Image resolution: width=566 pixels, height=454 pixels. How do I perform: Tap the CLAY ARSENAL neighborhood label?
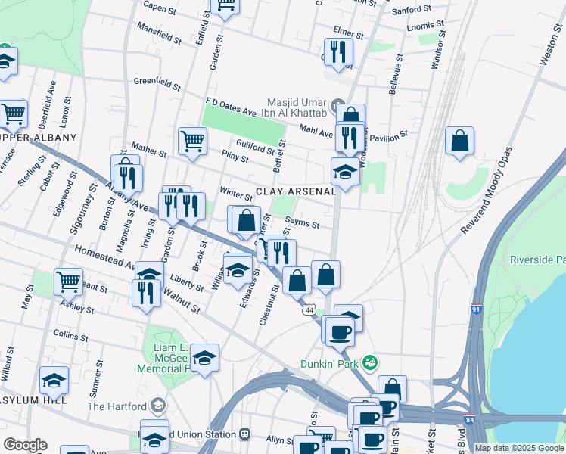(295, 191)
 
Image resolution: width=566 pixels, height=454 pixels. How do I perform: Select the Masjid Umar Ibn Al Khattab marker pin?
(337, 104)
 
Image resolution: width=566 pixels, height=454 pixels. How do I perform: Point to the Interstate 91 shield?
(476, 309)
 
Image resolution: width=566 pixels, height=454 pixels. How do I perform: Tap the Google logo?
(25, 444)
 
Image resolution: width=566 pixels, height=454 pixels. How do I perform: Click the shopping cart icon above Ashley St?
(68, 281)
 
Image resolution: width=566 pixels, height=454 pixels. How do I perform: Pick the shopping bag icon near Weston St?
(459, 140)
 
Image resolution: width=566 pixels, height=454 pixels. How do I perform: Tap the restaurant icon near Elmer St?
(338, 51)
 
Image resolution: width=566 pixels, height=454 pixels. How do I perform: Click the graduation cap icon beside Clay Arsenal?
(345, 172)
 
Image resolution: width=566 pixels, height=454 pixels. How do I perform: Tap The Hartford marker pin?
(158, 406)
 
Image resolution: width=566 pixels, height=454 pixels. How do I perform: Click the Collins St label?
(72, 334)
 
